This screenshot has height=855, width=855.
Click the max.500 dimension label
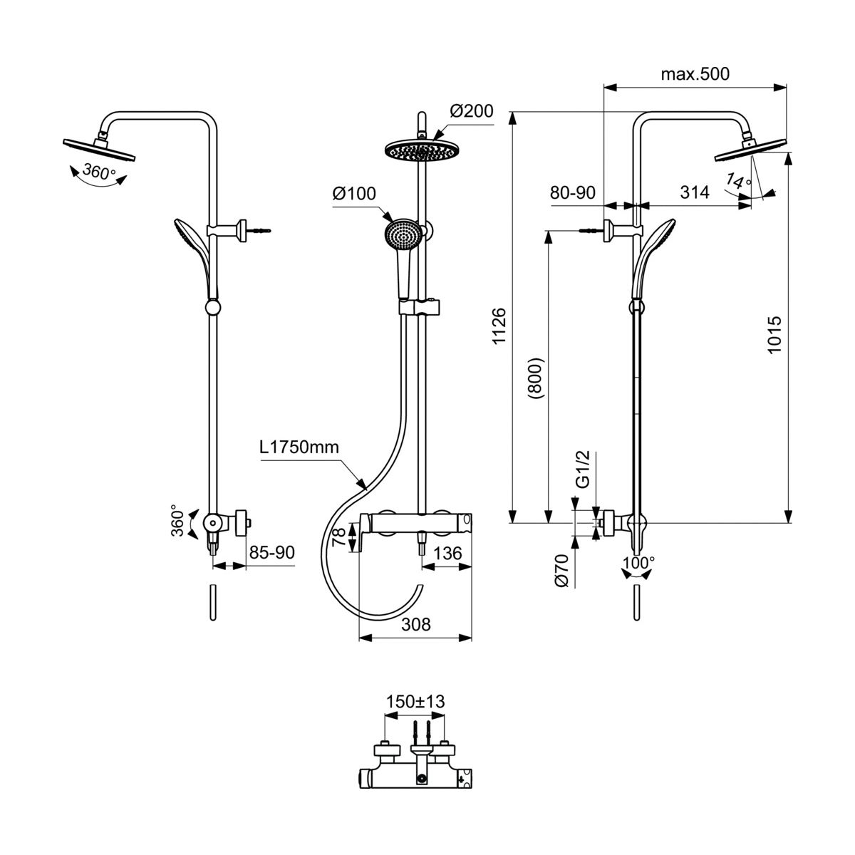tap(695, 74)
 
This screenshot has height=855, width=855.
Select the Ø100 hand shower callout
tap(354, 194)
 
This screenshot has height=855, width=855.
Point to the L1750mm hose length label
tap(299, 448)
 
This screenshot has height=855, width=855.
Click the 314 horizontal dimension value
tap(695, 192)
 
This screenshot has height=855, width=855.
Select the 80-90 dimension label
tap(572, 192)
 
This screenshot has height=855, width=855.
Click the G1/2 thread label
tap(581, 470)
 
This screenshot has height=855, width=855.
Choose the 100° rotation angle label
tap(638, 563)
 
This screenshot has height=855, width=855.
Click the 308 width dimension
tap(416, 624)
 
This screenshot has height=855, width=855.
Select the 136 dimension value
tap(447, 553)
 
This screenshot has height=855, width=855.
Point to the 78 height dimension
tap(340, 536)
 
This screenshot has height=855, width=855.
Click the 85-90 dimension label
tap(271, 553)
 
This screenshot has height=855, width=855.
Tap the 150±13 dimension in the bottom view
tap(415, 702)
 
